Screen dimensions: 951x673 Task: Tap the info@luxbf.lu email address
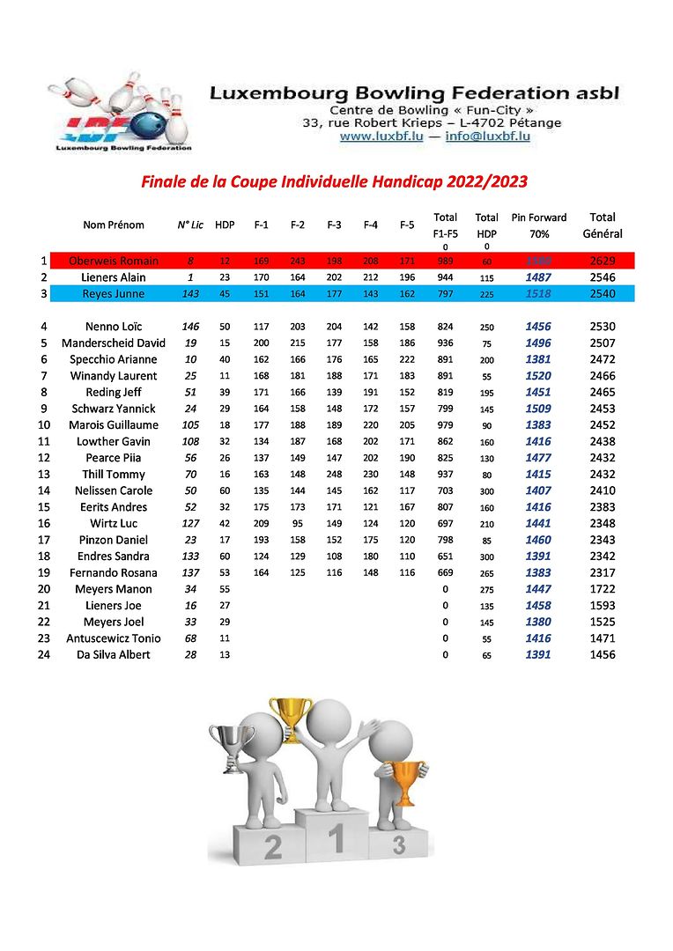tap(487, 136)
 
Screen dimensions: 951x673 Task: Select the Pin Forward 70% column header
tap(538, 225)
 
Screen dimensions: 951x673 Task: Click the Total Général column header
tap(603, 225)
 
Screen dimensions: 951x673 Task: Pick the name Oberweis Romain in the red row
tap(114, 261)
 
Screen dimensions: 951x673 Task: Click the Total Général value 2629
tap(603, 261)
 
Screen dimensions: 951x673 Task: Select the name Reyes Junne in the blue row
tap(114, 293)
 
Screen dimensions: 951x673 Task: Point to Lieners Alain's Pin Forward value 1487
tap(538, 277)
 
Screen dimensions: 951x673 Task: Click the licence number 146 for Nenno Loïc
tap(190, 327)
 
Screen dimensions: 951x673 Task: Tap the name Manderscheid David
tap(114, 343)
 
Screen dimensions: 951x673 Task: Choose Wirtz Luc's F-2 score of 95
tap(298, 523)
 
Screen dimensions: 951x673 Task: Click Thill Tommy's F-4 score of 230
tap(371, 474)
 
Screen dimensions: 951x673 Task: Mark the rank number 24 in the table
tap(43, 654)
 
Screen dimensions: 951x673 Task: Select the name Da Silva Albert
tap(114, 654)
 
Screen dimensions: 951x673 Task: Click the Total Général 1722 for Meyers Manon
tap(603, 589)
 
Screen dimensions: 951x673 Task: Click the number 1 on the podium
tap(335, 840)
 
